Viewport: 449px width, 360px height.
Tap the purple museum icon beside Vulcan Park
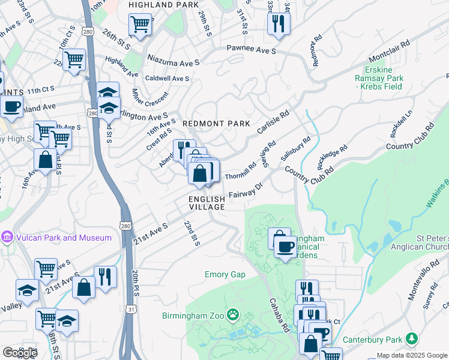point(7,238)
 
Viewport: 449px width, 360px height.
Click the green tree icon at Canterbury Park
point(412,339)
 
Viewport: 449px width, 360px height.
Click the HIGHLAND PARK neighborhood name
point(164,5)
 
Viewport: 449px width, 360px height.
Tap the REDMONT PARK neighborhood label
point(216,123)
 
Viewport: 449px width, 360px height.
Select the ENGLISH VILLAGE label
point(206,203)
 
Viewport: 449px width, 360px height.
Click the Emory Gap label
point(225,275)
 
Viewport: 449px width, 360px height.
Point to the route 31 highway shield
point(130,308)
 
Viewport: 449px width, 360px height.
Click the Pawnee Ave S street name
point(251,50)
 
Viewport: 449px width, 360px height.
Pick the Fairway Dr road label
point(246,191)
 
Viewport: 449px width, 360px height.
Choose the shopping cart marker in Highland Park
point(140,25)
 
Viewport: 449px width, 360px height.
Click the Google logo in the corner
point(20,352)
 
